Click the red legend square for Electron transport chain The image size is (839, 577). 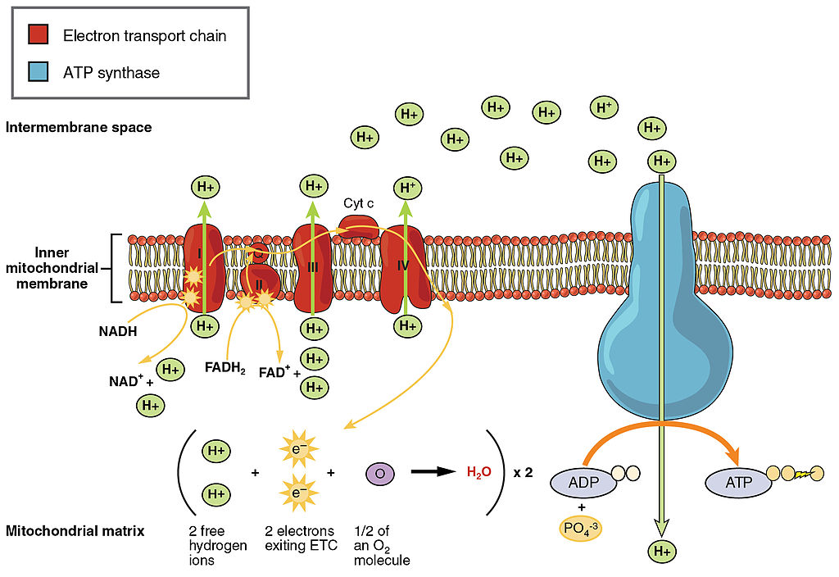38,34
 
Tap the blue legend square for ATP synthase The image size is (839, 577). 38,71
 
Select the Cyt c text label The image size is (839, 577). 359,203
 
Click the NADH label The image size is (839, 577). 118,331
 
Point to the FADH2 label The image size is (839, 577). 224,368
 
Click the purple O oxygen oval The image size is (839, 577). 380,473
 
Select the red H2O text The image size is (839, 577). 478,472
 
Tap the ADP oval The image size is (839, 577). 583,482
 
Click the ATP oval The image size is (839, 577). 738,482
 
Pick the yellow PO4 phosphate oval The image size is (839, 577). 581,529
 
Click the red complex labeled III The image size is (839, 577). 313,268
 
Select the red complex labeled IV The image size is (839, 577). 405,269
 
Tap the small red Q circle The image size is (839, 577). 258,253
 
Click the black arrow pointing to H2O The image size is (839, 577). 433,471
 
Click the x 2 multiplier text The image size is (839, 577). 523,473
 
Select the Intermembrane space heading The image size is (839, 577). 79,127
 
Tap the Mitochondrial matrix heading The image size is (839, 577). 75,531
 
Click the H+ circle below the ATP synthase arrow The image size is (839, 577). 662,552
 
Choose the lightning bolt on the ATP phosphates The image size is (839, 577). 803,474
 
